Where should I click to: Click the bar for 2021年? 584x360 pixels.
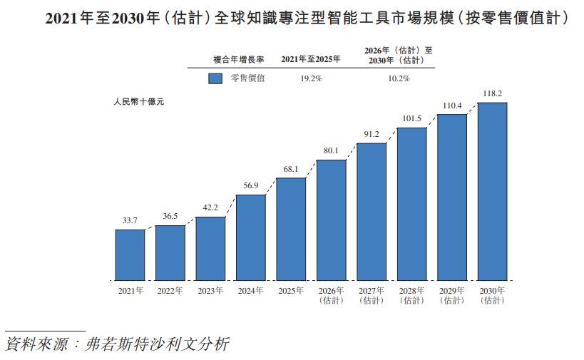[x=130, y=255]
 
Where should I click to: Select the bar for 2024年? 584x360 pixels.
[x=251, y=237]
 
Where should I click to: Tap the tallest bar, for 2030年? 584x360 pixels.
[x=493, y=192]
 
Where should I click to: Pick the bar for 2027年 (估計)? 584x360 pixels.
[x=372, y=212]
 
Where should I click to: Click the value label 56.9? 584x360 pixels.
[x=251, y=185]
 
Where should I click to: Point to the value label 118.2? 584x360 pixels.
[x=493, y=93]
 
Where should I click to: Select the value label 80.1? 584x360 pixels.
[x=331, y=150]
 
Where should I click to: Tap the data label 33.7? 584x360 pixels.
[x=130, y=220]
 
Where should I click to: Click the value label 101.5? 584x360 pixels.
[x=412, y=118]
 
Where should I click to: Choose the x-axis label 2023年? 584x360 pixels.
[x=210, y=291]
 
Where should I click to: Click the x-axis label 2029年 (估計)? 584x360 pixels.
[x=452, y=296]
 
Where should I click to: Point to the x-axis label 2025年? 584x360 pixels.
[x=291, y=291]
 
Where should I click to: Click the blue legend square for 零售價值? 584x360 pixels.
[x=215, y=78]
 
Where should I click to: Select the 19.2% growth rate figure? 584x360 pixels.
[x=312, y=78]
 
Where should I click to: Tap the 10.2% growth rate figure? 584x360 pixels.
[x=399, y=78]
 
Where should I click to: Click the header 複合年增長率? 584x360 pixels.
[x=238, y=60]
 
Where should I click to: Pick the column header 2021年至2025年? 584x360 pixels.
[x=311, y=59]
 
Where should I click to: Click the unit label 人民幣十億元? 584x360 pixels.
[x=139, y=102]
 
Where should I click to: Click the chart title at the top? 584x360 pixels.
[x=307, y=18]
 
